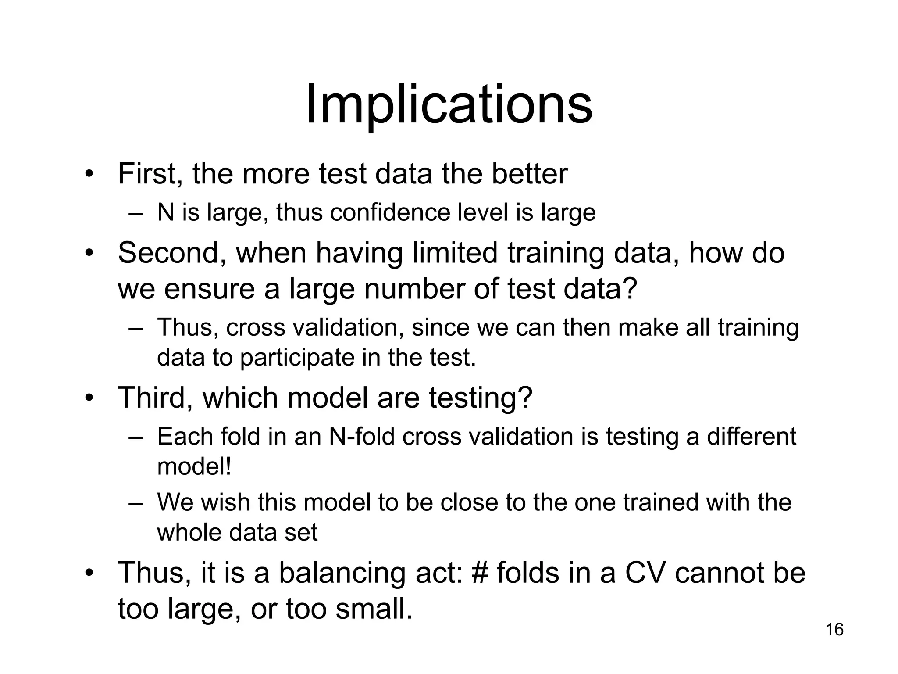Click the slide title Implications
(x=449, y=106)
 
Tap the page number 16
(x=834, y=630)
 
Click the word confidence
(x=390, y=213)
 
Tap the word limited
(x=455, y=253)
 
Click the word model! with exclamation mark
(x=194, y=466)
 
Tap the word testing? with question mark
(x=481, y=398)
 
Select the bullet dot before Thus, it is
(x=89, y=573)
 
